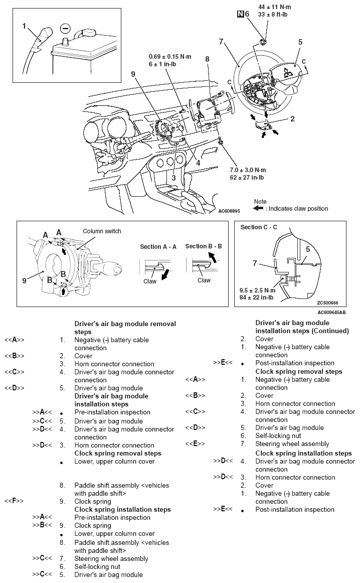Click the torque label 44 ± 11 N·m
point(274,7)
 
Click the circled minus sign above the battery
point(64,28)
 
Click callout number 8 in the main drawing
point(207,59)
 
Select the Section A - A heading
point(158,246)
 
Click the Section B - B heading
point(203,246)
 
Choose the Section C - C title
point(258,227)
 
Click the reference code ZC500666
point(328,303)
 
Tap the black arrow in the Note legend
point(259,209)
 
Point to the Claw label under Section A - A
point(150,281)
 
